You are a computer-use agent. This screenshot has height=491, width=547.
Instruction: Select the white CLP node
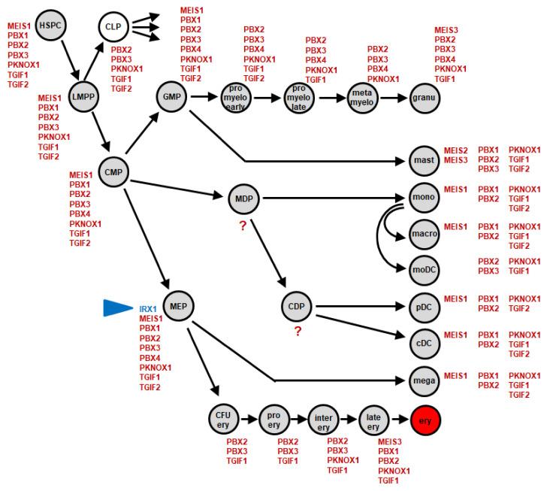113,27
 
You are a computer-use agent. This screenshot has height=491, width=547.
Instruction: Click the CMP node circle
113,171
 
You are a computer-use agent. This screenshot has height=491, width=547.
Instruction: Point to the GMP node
170,96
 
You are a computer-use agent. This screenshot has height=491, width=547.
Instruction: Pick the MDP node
243,199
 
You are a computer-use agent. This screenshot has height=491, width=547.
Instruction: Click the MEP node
178,305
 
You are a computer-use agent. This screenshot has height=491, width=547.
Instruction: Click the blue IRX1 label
147,309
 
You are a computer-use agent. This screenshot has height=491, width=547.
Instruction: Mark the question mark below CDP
298,332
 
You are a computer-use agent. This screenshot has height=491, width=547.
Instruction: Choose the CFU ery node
223,418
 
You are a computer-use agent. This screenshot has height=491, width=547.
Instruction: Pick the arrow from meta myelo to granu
391,97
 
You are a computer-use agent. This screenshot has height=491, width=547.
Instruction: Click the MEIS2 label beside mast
456,150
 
